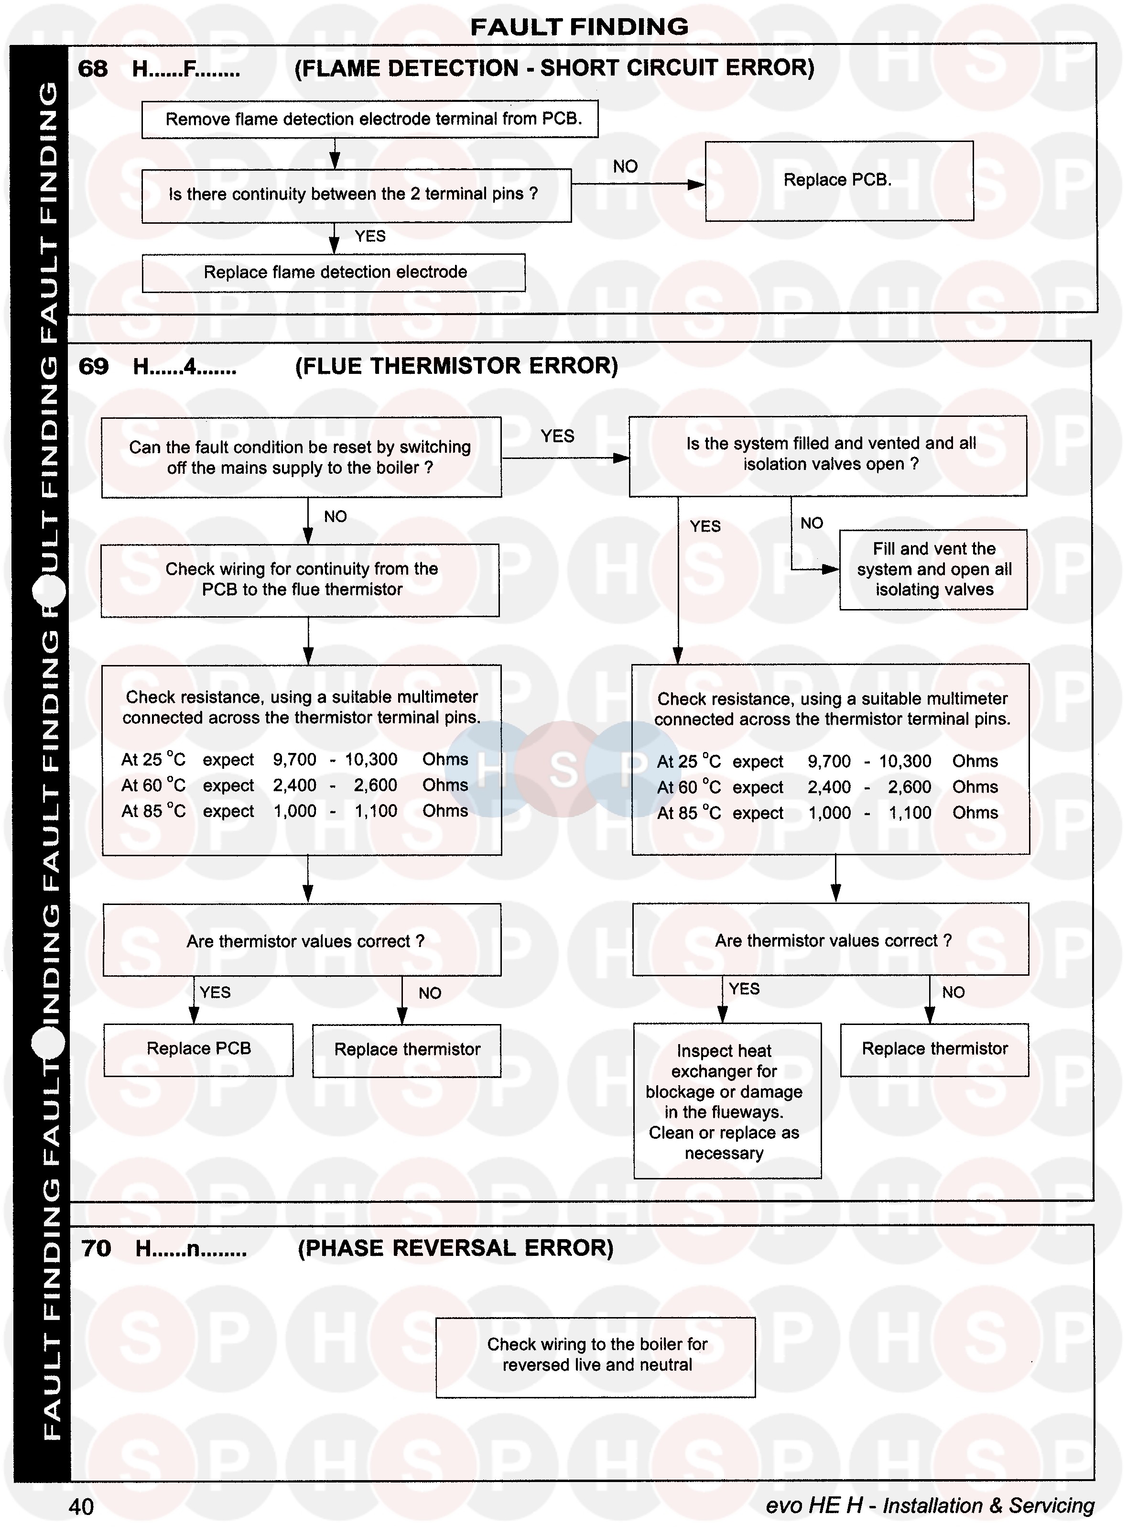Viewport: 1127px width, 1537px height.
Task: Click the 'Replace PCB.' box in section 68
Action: [838, 181]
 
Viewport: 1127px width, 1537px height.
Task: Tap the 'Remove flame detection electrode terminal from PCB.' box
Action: [370, 120]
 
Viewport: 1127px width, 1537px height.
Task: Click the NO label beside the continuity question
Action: [625, 166]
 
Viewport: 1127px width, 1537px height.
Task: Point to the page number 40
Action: [81, 1506]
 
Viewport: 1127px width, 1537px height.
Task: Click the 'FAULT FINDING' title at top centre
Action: [579, 27]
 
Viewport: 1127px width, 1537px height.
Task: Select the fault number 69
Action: [94, 366]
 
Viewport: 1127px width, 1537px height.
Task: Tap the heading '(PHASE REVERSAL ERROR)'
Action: [455, 1248]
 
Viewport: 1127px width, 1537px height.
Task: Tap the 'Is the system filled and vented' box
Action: [827, 455]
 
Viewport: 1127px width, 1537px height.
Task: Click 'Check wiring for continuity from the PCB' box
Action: [300, 580]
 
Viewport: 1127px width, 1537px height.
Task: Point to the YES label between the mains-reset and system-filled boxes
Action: [557, 436]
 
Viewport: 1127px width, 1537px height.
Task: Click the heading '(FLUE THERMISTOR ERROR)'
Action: [456, 366]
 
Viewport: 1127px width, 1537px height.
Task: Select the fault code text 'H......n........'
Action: [191, 1249]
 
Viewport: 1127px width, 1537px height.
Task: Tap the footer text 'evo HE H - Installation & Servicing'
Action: [929, 1505]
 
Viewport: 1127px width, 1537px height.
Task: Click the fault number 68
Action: [93, 69]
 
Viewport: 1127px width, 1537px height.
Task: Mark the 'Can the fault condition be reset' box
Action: [301, 457]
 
